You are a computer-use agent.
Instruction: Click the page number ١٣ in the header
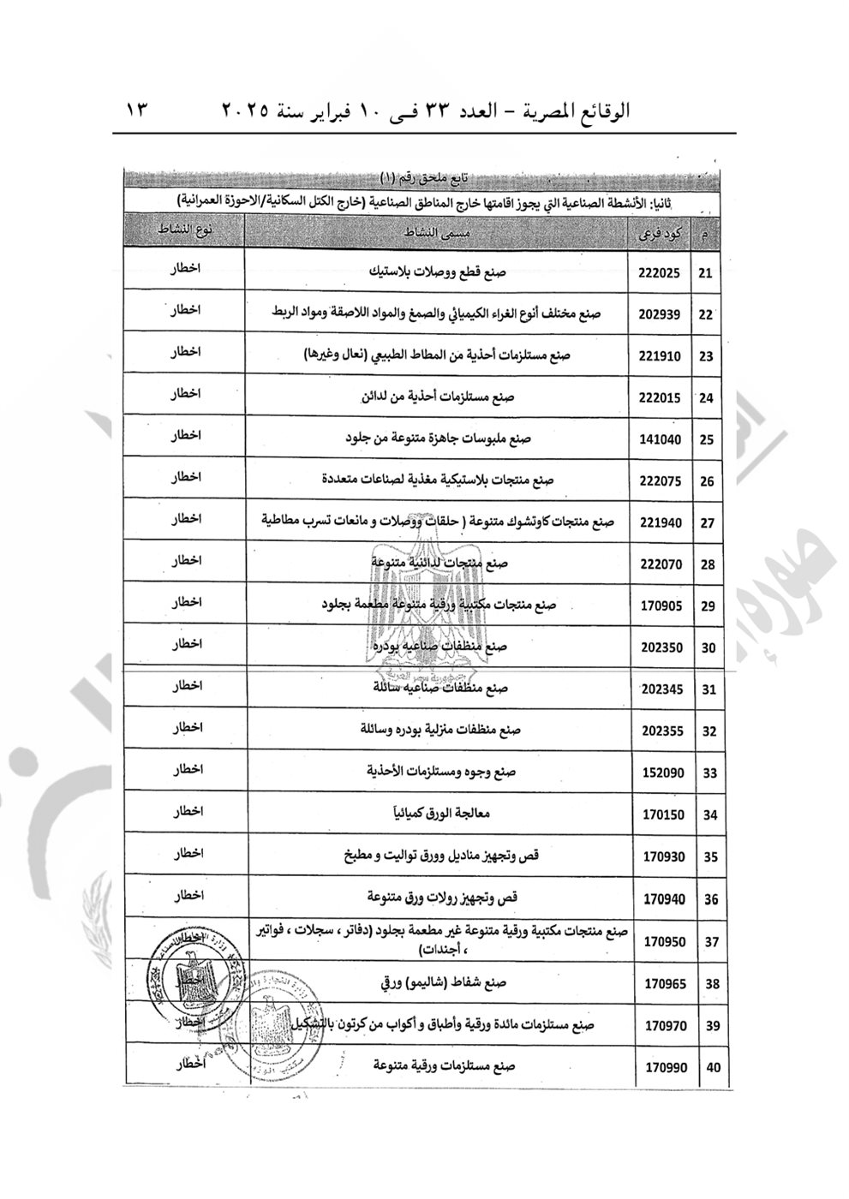pos(139,110)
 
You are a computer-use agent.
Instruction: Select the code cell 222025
pos(660,274)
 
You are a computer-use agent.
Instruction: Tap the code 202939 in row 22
pos(660,315)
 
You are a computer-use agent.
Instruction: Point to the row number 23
pos(707,356)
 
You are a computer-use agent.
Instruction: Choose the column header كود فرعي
pos(660,233)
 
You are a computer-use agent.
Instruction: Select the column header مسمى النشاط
pos(437,233)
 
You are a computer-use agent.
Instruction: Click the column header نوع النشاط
pos(185,232)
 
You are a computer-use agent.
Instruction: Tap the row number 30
pos(708,648)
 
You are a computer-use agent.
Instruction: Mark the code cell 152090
pos(662,772)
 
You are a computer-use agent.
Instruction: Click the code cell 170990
pos(665,1067)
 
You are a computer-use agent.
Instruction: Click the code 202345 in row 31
pos(662,689)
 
